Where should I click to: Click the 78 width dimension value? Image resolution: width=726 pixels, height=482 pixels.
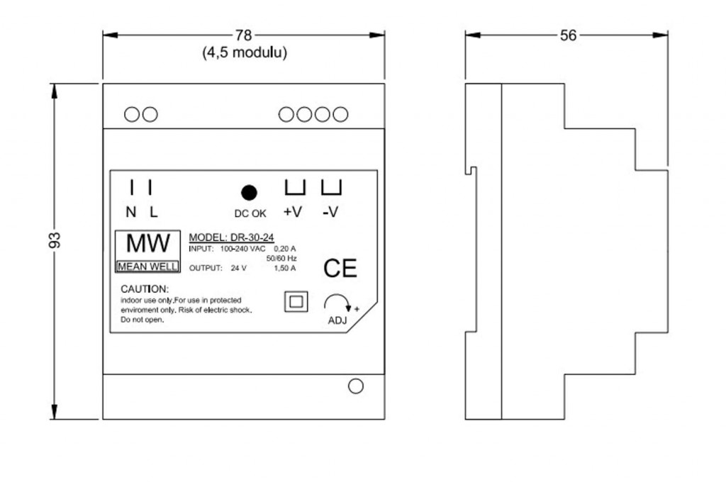(x=244, y=35)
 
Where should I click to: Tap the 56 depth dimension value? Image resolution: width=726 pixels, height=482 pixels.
(x=568, y=35)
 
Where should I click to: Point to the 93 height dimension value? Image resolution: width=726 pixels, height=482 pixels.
(x=55, y=240)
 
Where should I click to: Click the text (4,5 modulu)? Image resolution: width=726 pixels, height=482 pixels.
(x=245, y=52)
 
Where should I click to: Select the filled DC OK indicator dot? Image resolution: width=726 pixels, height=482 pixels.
(x=249, y=193)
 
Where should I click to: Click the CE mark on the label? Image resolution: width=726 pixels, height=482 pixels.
(x=340, y=269)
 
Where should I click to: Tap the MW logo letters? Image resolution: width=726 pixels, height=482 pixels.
(x=148, y=244)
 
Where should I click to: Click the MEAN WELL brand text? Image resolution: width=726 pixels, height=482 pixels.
(x=147, y=267)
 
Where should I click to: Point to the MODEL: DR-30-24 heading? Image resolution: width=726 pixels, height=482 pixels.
(x=232, y=237)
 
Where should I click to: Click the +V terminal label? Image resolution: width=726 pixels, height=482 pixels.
(x=293, y=212)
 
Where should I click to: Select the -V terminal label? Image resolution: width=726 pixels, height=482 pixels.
(x=330, y=212)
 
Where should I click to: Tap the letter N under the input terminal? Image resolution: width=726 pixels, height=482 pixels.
(x=131, y=212)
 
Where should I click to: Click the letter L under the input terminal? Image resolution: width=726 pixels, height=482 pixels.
(x=154, y=212)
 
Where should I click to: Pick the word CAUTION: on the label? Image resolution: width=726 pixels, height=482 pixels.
(x=145, y=289)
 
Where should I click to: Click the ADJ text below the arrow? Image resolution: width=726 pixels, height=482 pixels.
(x=337, y=320)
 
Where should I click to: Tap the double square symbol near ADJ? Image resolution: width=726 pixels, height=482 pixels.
(x=296, y=302)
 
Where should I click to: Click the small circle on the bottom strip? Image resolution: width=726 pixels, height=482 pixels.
(x=356, y=386)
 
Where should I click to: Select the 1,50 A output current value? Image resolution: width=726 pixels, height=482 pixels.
(x=285, y=268)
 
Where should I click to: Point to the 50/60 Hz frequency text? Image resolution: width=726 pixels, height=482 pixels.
(x=281, y=258)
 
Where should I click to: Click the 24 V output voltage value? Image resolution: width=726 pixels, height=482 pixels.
(x=239, y=268)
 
